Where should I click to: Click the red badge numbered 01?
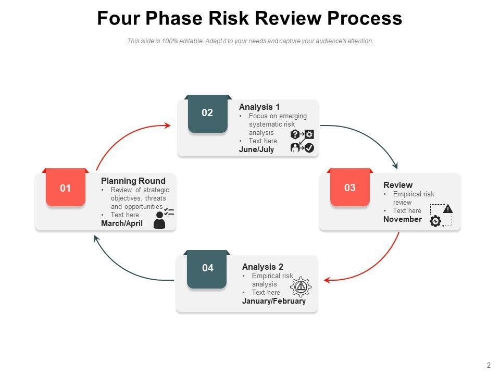(65, 188)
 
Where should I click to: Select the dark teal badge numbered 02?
(207, 113)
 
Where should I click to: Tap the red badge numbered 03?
(350, 187)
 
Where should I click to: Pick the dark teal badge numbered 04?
(207, 268)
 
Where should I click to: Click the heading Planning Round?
(133, 181)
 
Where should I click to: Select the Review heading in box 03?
(398, 185)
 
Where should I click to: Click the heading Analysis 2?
(262, 267)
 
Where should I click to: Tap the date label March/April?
(122, 223)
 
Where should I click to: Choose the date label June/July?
(256, 149)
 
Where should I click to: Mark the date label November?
(403, 219)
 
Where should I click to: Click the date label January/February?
(274, 301)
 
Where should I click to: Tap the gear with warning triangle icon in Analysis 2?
(301, 286)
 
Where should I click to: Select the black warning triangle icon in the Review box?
(447, 209)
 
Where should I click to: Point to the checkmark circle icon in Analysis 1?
(309, 148)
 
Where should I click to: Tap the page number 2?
(488, 365)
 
